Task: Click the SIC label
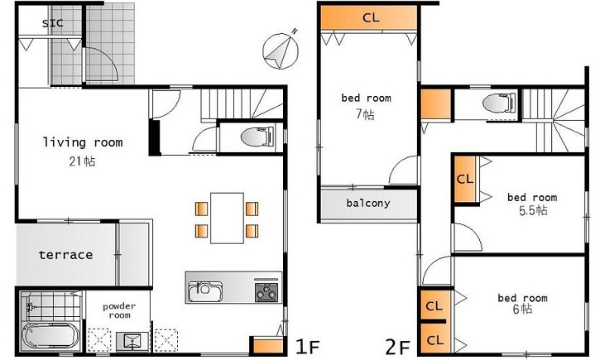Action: point(52,23)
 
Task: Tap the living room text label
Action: point(83,142)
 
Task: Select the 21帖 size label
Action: point(82,161)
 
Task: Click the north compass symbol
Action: point(281,50)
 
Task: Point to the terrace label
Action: point(66,255)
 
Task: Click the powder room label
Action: point(119,310)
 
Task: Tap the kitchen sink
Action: point(205,291)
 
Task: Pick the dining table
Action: point(227,218)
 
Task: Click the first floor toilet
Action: point(257,137)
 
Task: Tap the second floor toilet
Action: point(499,103)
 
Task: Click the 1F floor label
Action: point(308,347)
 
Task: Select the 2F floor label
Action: point(398,348)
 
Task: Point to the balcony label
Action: point(368,203)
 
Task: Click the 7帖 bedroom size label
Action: point(366,114)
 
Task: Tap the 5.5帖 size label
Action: point(533,210)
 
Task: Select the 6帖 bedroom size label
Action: point(522,309)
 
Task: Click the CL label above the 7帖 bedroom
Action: point(371,17)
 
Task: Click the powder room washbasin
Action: point(132,340)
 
